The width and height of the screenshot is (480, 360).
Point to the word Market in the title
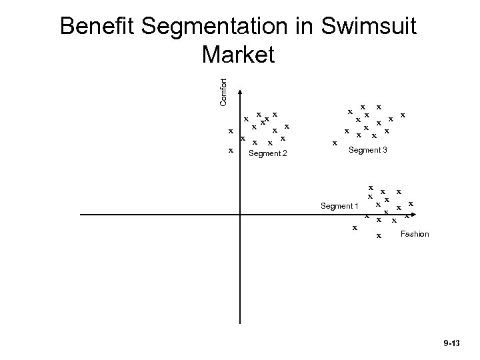click(237, 55)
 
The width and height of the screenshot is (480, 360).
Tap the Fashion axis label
click(415, 234)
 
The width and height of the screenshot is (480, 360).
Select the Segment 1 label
click(339, 206)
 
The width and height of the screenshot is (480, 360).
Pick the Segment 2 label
click(267, 154)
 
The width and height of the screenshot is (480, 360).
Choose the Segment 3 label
click(367, 151)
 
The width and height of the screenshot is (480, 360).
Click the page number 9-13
click(451, 343)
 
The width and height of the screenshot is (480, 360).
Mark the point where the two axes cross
click(239, 215)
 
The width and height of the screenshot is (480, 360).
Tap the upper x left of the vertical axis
click(230, 131)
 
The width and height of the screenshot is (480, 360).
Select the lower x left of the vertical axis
click(230, 150)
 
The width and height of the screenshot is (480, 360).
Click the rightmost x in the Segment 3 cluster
click(403, 115)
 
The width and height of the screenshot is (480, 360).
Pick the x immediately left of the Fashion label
click(379, 235)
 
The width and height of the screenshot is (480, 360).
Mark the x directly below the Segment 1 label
click(355, 228)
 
